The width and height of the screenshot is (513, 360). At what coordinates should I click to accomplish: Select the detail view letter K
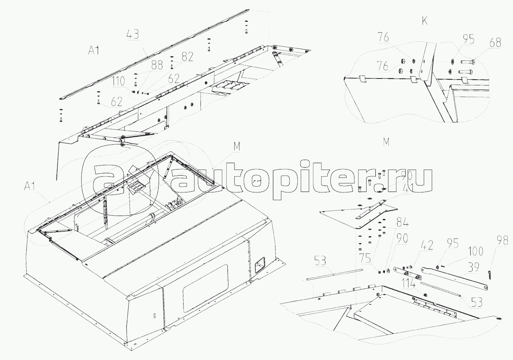click(x=425, y=21)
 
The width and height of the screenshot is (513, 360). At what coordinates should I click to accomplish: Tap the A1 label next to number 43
click(x=94, y=50)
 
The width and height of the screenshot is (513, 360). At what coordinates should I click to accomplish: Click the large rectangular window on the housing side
click(x=205, y=286)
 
